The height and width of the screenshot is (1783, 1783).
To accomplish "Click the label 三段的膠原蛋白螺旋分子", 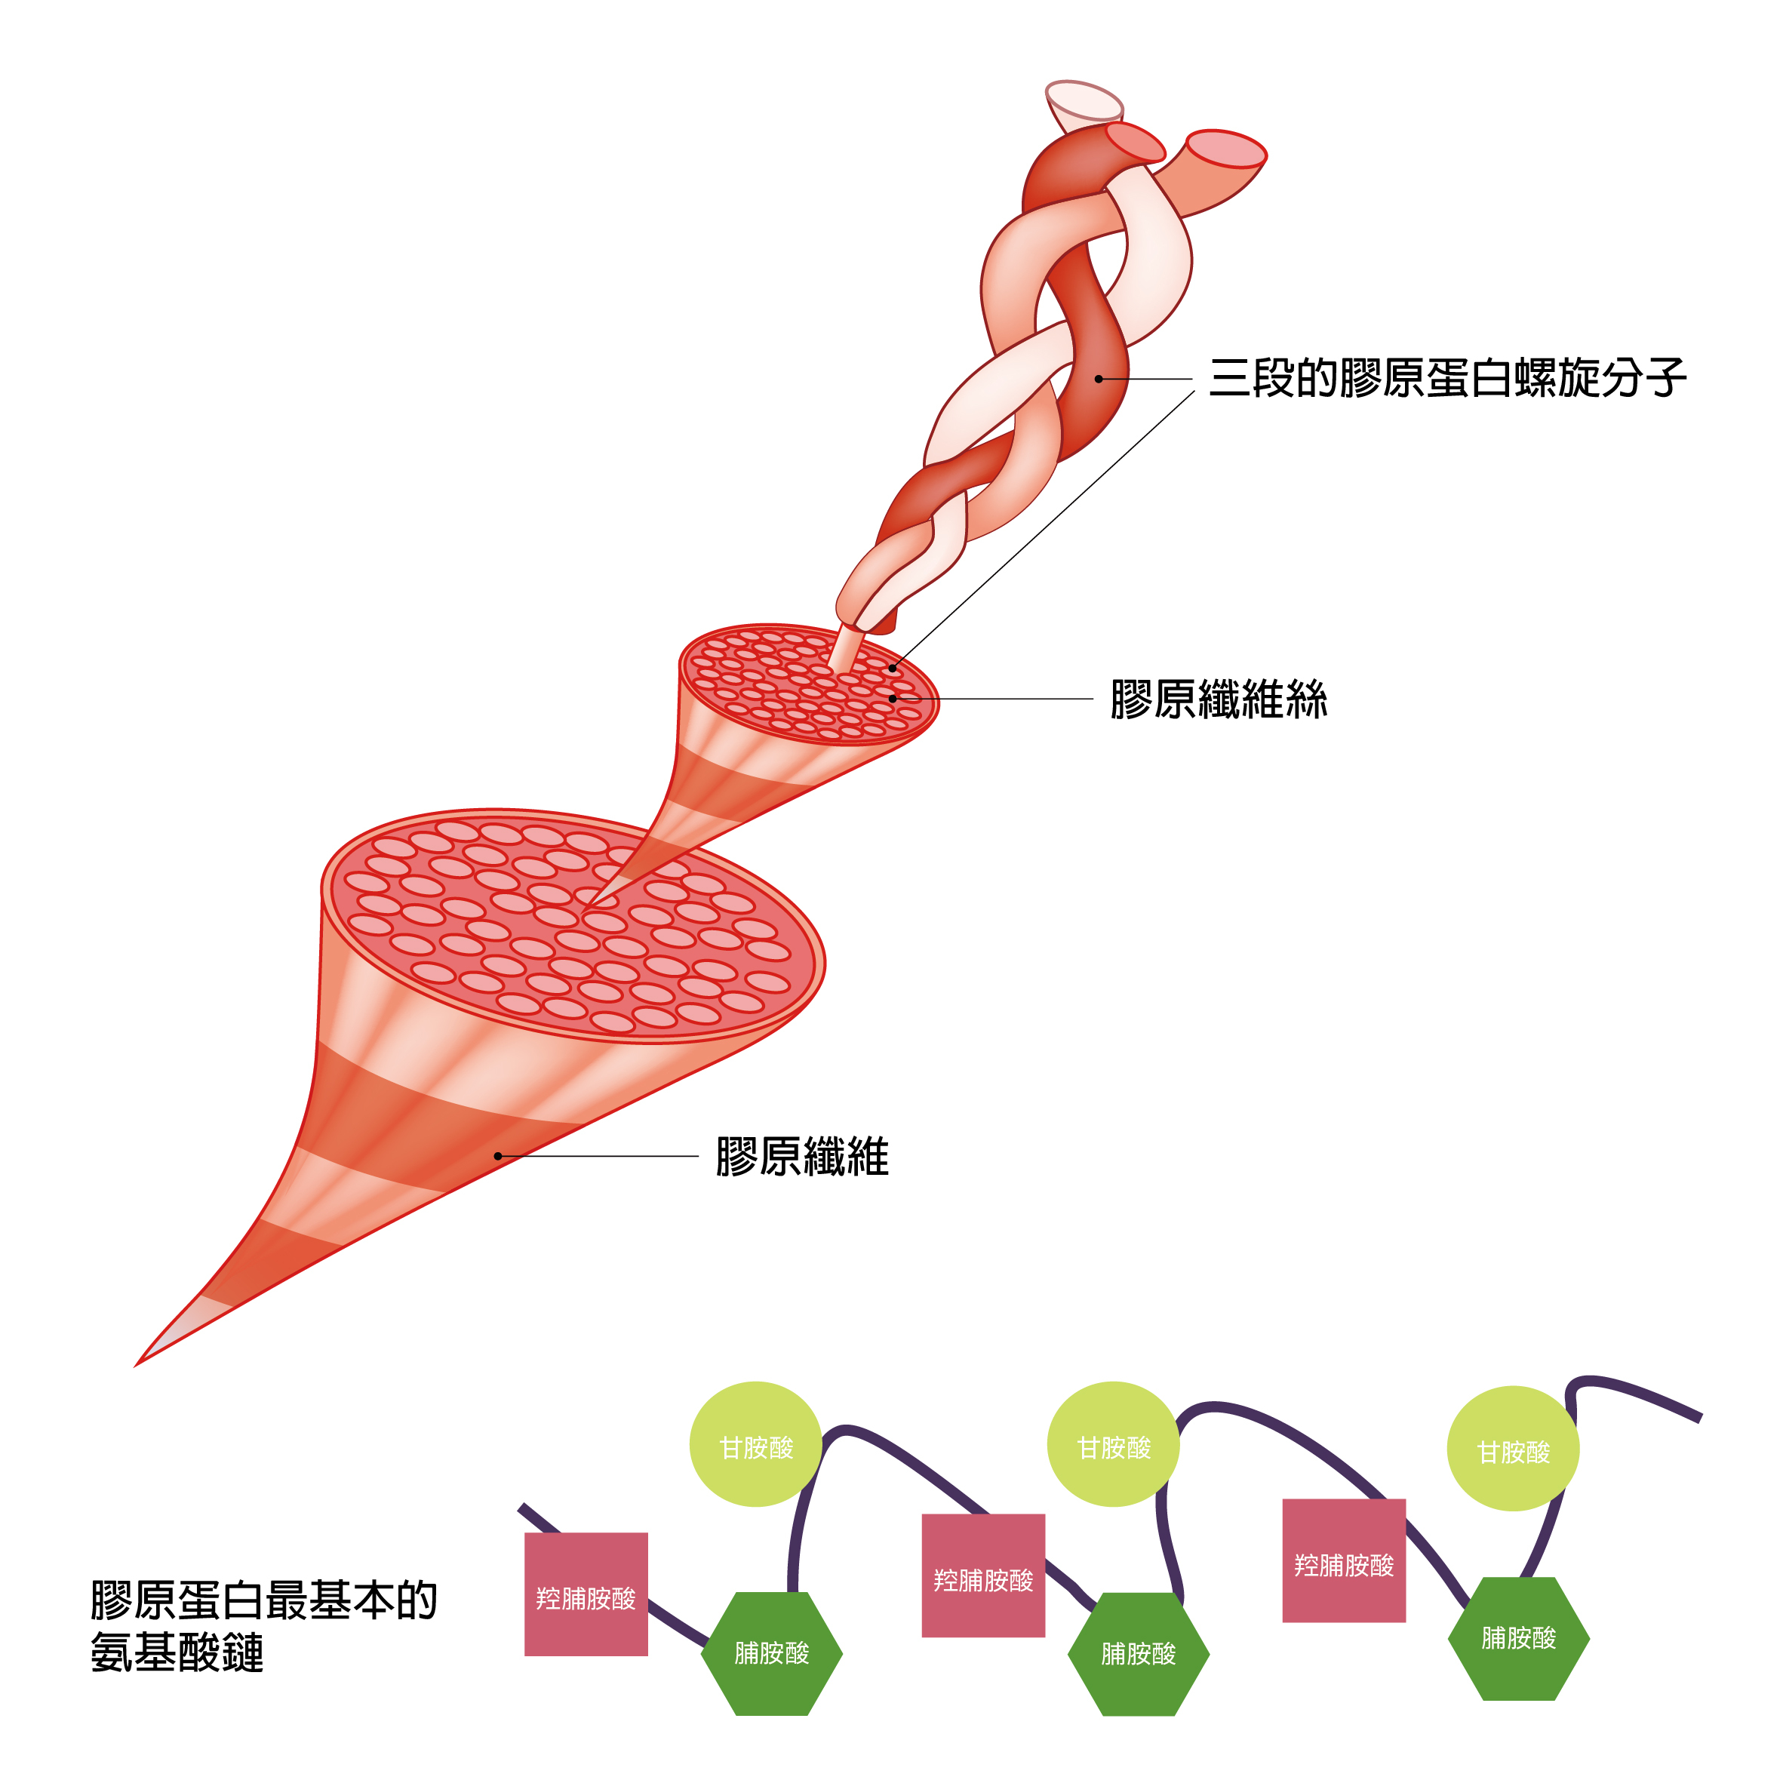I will [x=1446, y=378].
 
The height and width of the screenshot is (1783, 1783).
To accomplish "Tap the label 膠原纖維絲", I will [x=1218, y=699].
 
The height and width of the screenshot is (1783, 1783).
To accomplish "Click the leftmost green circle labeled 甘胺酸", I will [x=756, y=1444].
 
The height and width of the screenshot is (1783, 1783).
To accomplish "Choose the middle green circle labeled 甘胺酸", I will [x=1113, y=1444].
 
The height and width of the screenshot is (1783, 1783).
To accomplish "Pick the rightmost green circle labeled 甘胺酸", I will [x=1513, y=1449].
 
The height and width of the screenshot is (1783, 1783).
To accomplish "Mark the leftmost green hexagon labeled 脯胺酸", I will [x=771, y=1653].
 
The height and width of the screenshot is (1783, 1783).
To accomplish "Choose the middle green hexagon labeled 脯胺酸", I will [x=1138, y=1654].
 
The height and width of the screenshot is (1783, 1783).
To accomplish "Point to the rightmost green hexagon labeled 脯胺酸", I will [x=1518, y=1638].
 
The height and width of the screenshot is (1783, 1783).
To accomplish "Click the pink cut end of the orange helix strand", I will [x=1225, y=149].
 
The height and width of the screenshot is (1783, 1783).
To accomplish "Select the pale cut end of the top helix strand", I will [x=1084, y=100].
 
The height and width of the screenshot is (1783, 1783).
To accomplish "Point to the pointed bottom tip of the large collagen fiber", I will [x=138, y=1363].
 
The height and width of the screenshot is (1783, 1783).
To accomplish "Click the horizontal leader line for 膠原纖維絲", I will [x=997, y=699].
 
